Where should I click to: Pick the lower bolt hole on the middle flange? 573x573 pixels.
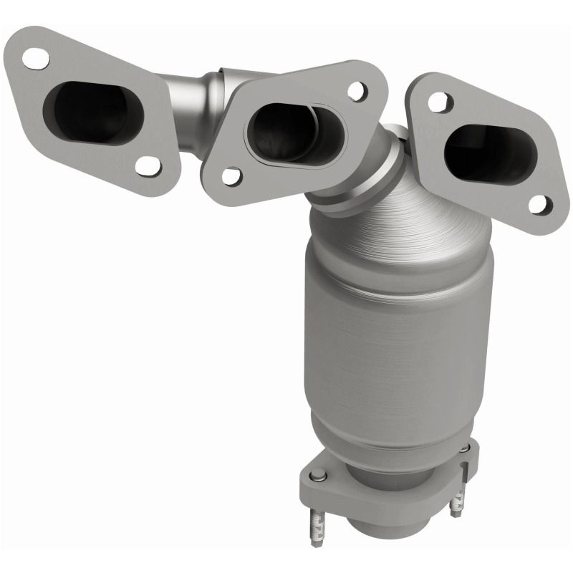pyautogui.click(x=230, y=175)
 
